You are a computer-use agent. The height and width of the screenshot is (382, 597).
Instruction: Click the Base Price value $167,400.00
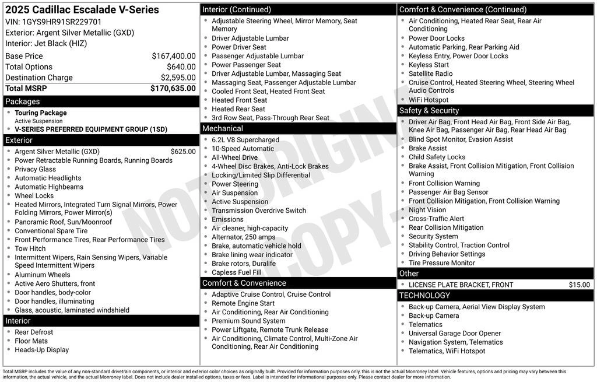[173, 57]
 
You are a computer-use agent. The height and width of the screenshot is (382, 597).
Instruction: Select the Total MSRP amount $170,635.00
[173, 89]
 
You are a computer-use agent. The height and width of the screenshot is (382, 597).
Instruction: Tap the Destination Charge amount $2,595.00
[178, 78]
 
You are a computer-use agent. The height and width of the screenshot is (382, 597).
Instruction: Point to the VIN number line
[53, 22]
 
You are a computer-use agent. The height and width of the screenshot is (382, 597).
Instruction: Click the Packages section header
[23, 101]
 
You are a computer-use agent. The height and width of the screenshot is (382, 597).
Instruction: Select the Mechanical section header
[222, 128]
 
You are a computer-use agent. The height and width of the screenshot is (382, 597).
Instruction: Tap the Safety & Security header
[429, 111]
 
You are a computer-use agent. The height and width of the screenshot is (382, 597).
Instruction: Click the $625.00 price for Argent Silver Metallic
[183, 152]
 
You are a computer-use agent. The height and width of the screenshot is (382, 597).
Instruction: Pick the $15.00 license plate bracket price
[579, 285]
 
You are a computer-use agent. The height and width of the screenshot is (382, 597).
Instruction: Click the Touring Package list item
[41, 113]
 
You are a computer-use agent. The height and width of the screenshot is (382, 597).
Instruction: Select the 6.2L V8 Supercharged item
[245, 140]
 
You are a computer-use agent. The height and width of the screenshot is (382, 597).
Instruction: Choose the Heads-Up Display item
[42, 350]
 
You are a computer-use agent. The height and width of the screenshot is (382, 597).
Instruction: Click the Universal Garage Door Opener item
[455, 334]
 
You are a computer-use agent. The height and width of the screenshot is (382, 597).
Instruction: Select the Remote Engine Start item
[243, 303]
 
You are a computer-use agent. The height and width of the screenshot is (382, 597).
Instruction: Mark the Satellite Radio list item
[430, 74]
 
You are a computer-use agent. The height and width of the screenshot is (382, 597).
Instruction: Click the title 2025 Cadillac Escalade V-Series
[82, 10]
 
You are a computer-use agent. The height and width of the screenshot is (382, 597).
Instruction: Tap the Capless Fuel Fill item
[237, 272]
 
